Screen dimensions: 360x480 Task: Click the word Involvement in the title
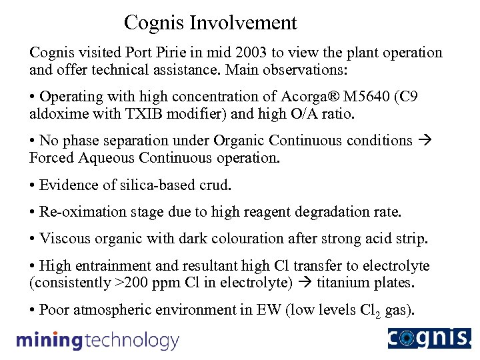point(243,23)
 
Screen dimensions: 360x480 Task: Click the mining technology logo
point(97,341)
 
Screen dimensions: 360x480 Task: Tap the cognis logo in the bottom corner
point(429,339)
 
